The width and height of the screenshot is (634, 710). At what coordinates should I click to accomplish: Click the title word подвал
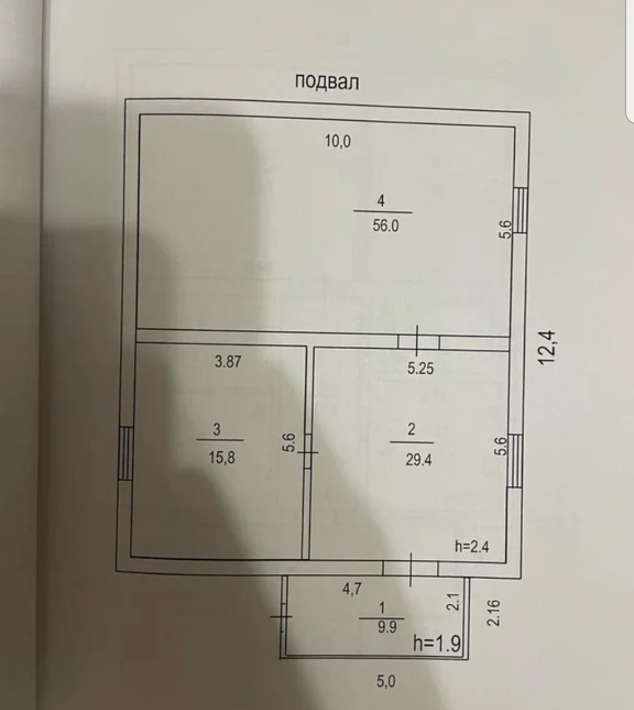point(326,82)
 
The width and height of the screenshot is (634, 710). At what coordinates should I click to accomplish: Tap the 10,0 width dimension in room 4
point(338,141)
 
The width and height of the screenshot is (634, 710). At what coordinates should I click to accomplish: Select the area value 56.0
point(385,225)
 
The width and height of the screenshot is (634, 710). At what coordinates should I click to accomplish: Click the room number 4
point(381,201)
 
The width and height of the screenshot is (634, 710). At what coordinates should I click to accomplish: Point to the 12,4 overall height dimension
point(547,347)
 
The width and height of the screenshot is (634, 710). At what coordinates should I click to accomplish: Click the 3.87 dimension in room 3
point(227,361)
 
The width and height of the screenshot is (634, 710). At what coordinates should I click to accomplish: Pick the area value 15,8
point(221,457)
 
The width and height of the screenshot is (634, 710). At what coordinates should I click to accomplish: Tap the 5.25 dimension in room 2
point(420,368)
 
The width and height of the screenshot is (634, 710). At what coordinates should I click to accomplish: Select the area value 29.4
point(418,459)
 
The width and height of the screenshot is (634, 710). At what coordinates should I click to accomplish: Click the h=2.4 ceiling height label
point(472,546)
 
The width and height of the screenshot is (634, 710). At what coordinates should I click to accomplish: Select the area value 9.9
point(387,627)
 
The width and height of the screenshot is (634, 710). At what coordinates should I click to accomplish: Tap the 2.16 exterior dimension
point(494,612)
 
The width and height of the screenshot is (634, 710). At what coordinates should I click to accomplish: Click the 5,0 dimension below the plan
point(385,681)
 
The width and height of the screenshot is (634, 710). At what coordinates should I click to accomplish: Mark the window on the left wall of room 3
point(125,454)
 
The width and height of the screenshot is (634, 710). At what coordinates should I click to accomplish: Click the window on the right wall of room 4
point(521,210)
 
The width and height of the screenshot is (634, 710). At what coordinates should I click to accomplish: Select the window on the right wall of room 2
point(515,461)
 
